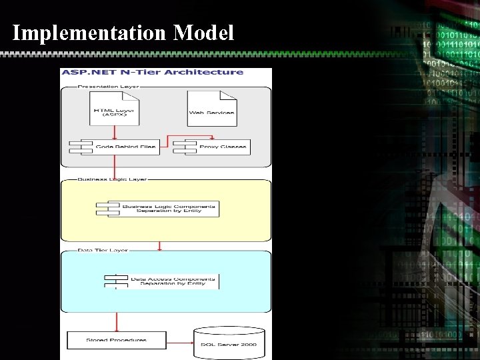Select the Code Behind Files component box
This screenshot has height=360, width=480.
(115, 147)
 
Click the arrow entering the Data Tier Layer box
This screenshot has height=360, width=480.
(160, 245)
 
